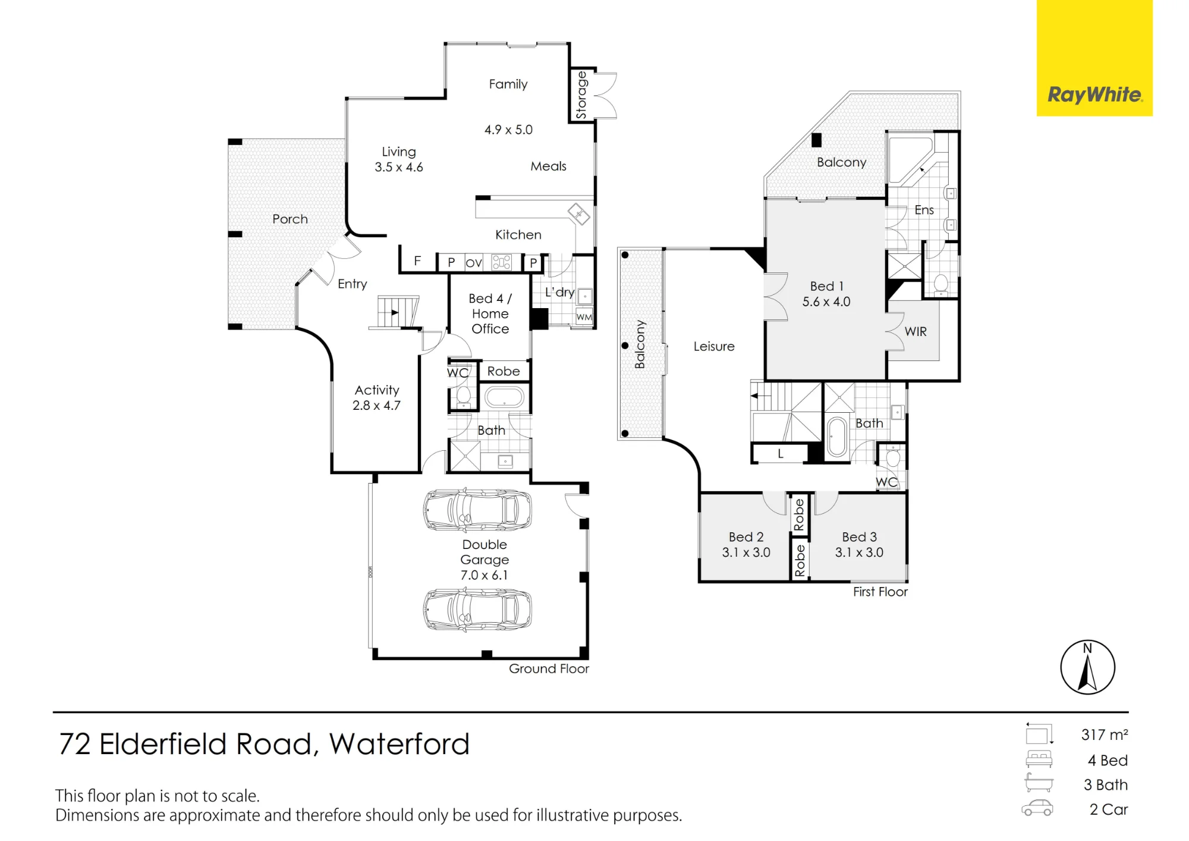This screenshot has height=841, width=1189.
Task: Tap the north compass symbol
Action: point(1087,667)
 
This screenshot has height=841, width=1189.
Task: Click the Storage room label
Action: point(581,95)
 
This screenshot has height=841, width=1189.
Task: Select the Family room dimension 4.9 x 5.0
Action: point(508,130)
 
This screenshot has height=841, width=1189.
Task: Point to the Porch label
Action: point(290,219)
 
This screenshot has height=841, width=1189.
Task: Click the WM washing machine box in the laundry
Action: point(584,317)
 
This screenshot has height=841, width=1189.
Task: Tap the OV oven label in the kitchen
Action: point(474,263)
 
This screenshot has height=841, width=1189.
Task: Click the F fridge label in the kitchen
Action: point(417,261)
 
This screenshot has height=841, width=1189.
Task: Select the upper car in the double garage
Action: point(477,510)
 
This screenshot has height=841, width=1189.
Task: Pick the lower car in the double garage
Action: point(477,609)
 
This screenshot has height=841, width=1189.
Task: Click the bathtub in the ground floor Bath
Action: point(505,397)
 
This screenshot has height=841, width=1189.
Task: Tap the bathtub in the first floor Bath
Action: point(837,437)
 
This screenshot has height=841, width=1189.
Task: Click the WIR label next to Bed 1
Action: point(916,332)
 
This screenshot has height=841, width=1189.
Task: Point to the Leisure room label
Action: point(714,346)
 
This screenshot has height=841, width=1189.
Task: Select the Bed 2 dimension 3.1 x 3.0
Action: point(746,553)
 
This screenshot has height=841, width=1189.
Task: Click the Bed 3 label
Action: point(859,537)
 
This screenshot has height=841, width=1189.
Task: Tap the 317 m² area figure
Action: point(1105,735)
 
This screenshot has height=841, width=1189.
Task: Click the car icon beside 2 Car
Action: point(1037,808)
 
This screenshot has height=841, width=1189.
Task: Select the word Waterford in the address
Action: point(400,744)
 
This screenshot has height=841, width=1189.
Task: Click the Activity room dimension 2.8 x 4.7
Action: point(376,406)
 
